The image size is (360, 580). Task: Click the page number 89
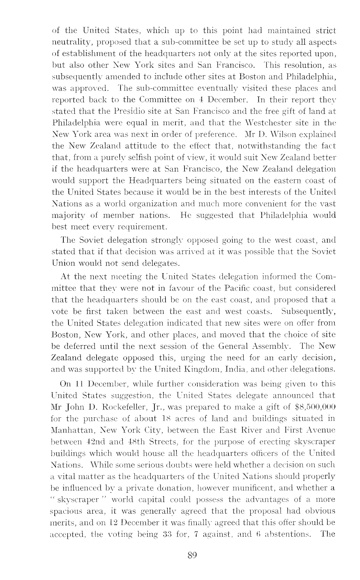click(x=192, y=555)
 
